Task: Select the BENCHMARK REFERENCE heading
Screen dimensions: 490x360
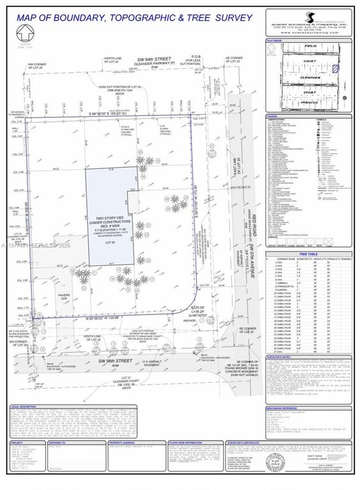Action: tap(285, 406)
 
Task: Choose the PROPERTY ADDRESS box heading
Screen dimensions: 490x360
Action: tap(121, 441)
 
